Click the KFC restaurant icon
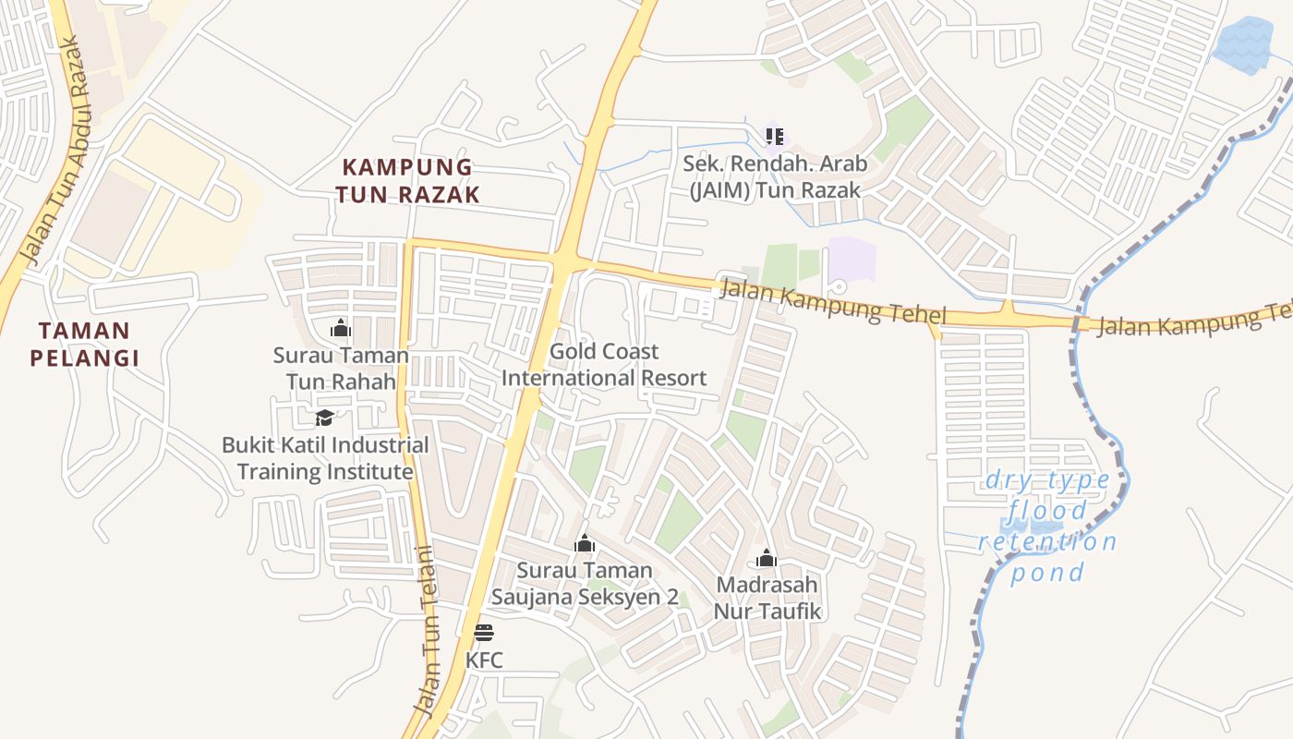pyautogui.click(x=484, y=633)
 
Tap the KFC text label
pyautogui.click(x=484, y=660)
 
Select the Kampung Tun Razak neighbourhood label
pyautogui.click(x=407, y=181)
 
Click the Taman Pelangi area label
pyautogui.click(x=84, y=345)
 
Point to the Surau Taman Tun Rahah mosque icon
pyautogui.click(x=341, y=328)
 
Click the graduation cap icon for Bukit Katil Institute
pyautogui.click(x=323, y=418)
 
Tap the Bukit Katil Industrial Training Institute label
pyautogui.click(x=325, y=458)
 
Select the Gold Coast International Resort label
pyautogui.click(x=604, y=365)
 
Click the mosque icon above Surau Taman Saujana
pyautogui.click(x=585, y=543)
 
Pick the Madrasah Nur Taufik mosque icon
pyautogui.click(x=767, y=558)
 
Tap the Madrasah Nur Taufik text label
pyautogui.click(x=767, y=598)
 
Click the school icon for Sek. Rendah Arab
pyautogui.click(x=775, y=137)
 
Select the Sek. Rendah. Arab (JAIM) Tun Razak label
pyautogui.click(x=775, y=176)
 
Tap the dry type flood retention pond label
pyautogui.click(x=1048, y=526)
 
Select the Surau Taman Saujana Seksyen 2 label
pyautogui.click(x=585, y=584)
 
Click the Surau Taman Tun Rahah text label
pyautogui.click(x=341, y=368)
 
